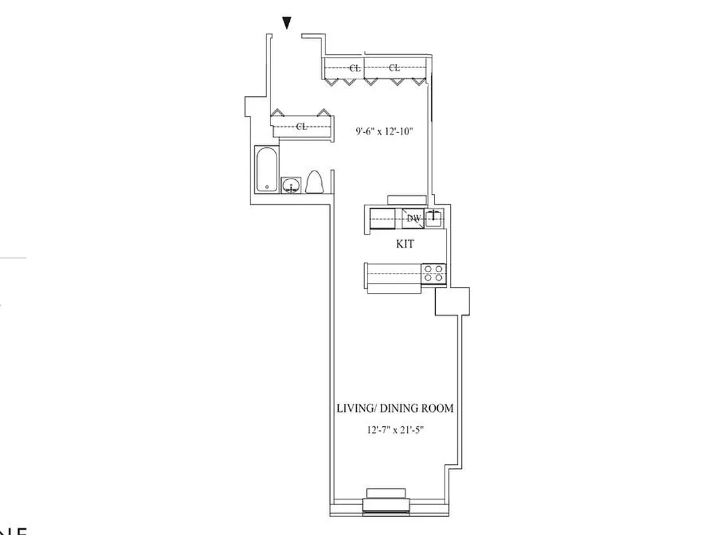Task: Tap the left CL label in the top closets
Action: pos(355,68)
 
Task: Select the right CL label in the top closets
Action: pos(394,68)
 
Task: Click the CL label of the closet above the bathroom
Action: pos(301,126)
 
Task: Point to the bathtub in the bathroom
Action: pos(266,169)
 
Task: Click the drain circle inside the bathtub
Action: pos(266,187)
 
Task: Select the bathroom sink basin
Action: pos(291,185)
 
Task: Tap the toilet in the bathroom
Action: pos(315,183)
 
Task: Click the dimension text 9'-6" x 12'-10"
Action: pos(384,132)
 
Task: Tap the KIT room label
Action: pos(405,245)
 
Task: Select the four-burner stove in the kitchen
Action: pos(434,275)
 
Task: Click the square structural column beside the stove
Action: pos(452,301)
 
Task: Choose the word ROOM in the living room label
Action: pos(444,408)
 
